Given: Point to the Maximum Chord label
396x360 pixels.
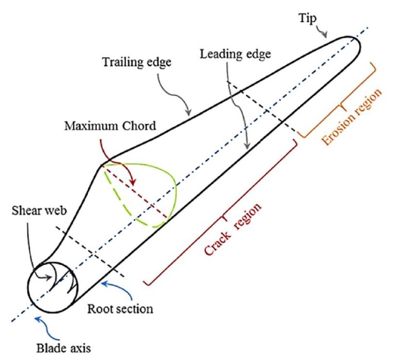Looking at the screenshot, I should point(110,125).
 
